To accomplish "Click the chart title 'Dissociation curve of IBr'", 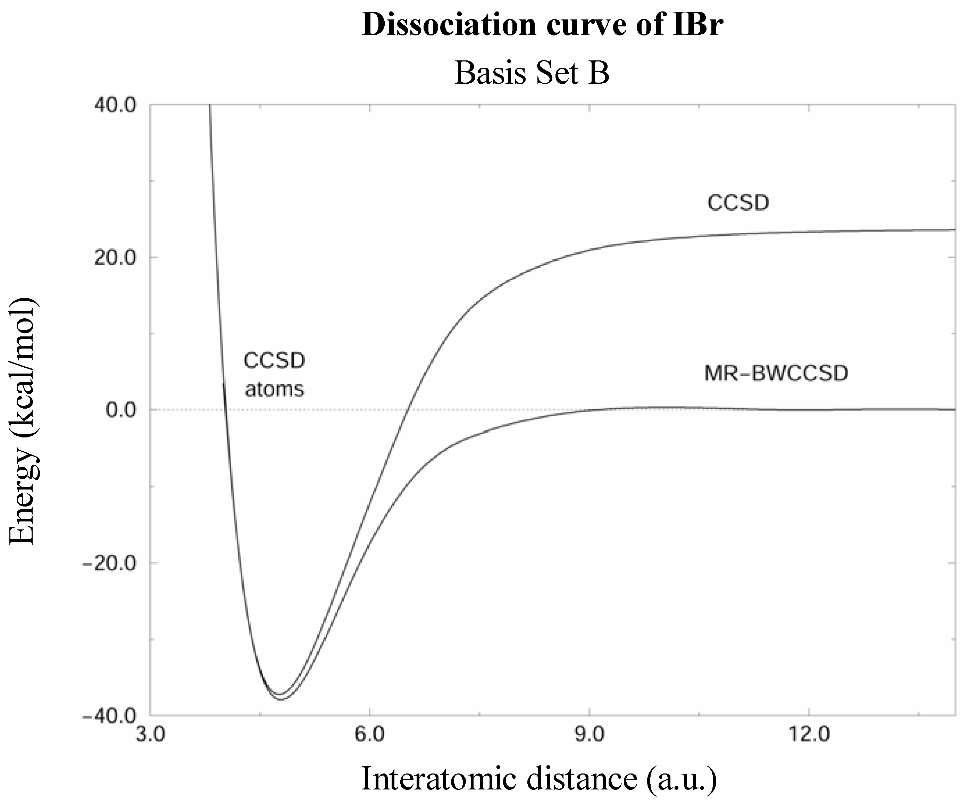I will (x=542, y=25).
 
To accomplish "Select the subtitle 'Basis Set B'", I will (x=532, y=73).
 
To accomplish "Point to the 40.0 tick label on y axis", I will (x=115, y=106).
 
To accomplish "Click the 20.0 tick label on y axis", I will (x=115, y=258).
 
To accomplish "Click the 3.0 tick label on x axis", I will (x=150, y=735).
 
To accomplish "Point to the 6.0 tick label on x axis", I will (x=369, y=735).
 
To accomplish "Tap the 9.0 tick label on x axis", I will (x=589, y=735).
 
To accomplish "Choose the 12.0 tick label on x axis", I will (x=809, y=735).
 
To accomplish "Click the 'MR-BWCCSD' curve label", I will (x=776, y=373).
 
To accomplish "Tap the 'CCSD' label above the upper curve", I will (x=738, y=203).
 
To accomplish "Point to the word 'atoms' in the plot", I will (x=274, y=390).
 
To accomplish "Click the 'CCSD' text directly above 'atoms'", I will (x=274, y=361).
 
